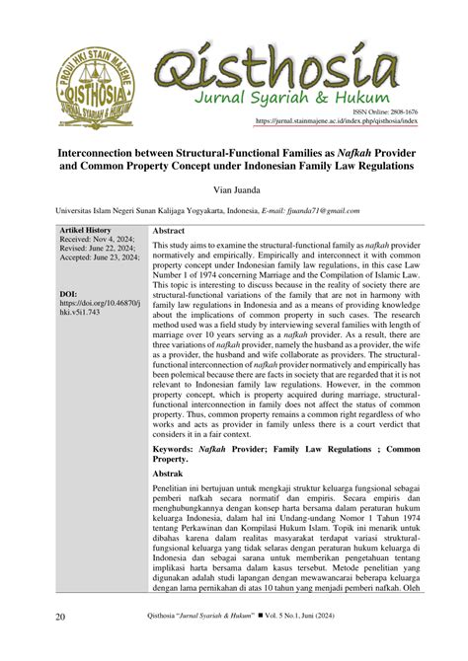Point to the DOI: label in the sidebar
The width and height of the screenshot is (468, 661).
[x=69, y=294]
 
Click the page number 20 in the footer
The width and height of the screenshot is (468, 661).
[x=60, y=642]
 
